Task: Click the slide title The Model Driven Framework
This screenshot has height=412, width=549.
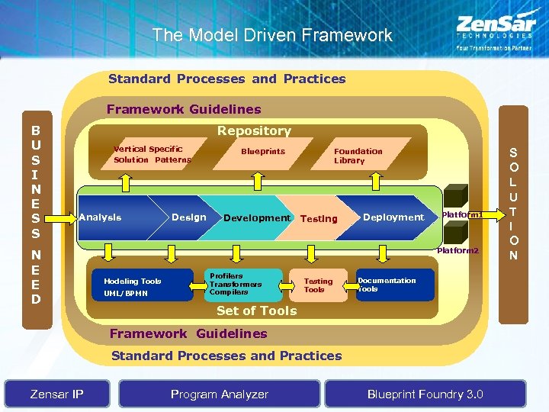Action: pos(271,35)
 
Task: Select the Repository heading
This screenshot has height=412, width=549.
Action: pos(254,131)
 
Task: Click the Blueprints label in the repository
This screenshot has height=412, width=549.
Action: pos(263,151)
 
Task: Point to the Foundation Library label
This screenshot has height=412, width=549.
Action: pos(358,156)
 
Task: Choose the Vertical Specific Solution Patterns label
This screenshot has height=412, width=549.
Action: pos(152,154)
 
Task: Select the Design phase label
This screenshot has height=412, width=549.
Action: pos(188,217)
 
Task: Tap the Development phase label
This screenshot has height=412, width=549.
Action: pos(256,217)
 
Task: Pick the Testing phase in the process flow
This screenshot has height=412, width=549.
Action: pos(319,218)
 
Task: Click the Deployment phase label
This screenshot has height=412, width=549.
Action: pos(393,217)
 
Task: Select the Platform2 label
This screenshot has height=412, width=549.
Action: pos(457,250)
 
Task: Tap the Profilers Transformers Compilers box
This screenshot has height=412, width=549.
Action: pos(242,284)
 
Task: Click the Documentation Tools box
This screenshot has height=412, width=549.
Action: pos(395,285)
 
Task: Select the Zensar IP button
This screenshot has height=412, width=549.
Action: pos(56,394)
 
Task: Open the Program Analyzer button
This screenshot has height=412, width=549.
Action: pos(220,394)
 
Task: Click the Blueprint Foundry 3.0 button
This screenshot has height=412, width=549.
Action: pos(425,394)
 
